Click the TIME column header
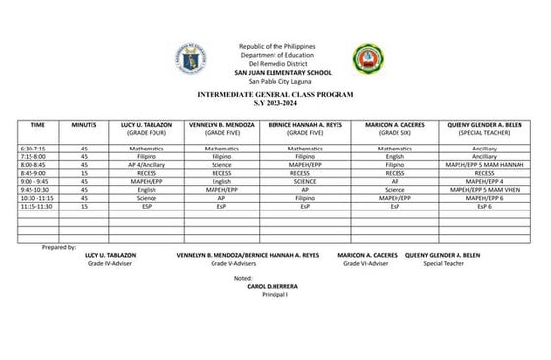pyautogui.click(x=38, y=125)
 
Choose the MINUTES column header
pyautogui.click(x=85, y=125)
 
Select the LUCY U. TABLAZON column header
pyautogui.click(x=147, y=125)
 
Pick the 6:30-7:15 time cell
pyautogui.click(x=33, y=148)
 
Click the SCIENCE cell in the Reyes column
pyautogui.click(x=305, y=181)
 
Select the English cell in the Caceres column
pyautogui.click(x=395, y=156)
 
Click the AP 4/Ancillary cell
pyautogui.click(x=147, y=164)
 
